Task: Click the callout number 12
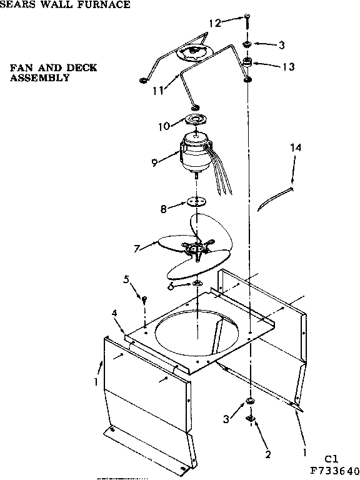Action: tap(214, 23)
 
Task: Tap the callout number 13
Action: tap(287, 66)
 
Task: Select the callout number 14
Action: tap(296, 147)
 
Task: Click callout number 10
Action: tap(164, 126)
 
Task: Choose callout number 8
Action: tap(164, 209)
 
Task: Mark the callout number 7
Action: tap(137, 247)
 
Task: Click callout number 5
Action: tap(126, 279)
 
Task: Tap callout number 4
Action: tap(115, 312)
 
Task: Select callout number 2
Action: tap(267, 454)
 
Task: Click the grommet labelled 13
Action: tap(248, 63)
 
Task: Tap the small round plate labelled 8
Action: tap(197, 202)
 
